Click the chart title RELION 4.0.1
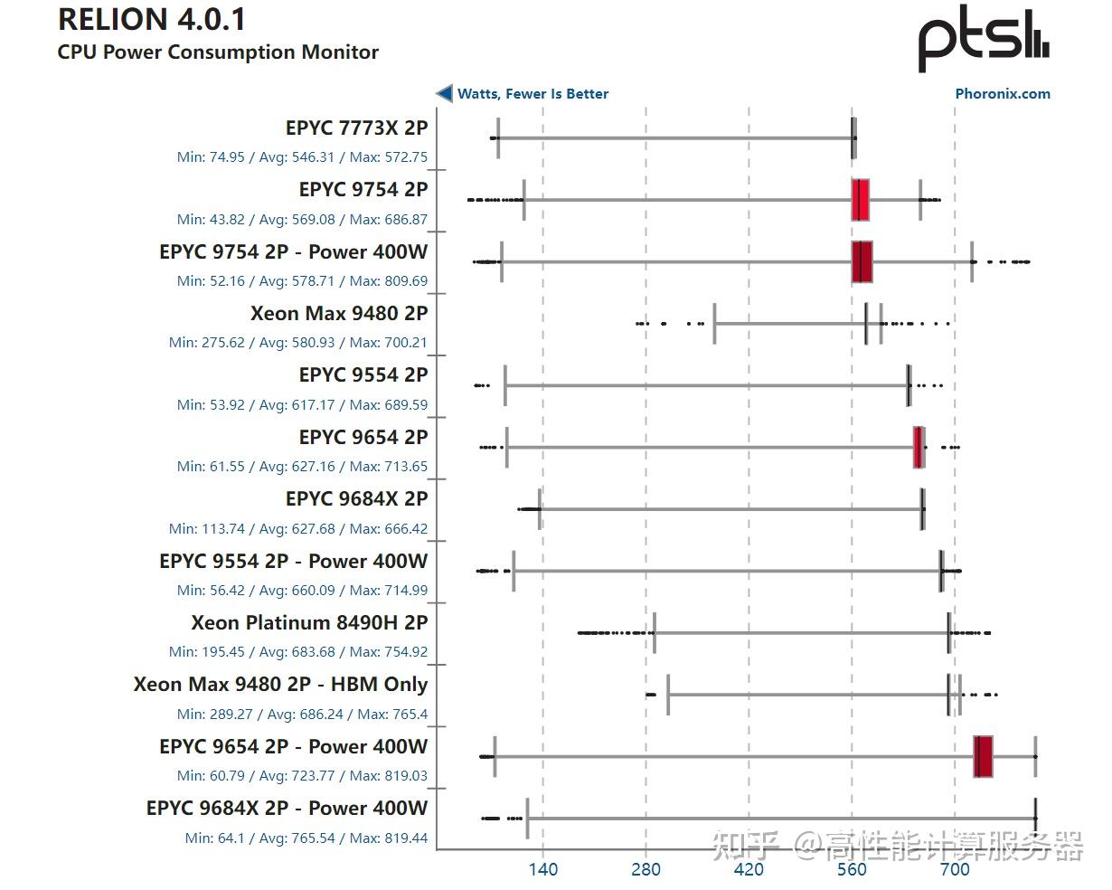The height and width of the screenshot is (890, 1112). [152, 20]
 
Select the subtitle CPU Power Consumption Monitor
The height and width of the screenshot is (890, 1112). [218, 52]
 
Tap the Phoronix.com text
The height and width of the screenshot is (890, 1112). [1003, 93]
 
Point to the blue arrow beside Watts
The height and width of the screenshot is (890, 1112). [444, 93]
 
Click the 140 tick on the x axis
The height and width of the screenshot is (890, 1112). [542, 869]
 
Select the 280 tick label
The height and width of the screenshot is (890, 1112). [646, 869]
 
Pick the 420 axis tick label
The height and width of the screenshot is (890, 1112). [749, 869]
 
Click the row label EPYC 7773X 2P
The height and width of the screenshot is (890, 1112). [356, 128]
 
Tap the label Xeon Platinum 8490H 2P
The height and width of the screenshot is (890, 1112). [309, 622]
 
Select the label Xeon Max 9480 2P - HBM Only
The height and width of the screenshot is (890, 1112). [280, 685]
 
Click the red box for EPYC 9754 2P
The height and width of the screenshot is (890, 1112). [860, 200]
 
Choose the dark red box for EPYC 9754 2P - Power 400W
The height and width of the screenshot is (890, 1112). [862, 261]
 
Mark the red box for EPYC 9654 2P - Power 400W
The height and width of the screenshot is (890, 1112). [983, 756]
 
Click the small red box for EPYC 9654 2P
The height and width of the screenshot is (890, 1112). [919, 447]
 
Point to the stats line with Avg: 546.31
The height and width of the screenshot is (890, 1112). [302, 157]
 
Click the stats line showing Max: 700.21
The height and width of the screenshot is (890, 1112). [298, 343]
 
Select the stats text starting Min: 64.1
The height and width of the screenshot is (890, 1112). [306, 838]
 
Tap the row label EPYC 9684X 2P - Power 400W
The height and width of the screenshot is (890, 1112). [287, 808]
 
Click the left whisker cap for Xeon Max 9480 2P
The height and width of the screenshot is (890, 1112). [714, 324]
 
